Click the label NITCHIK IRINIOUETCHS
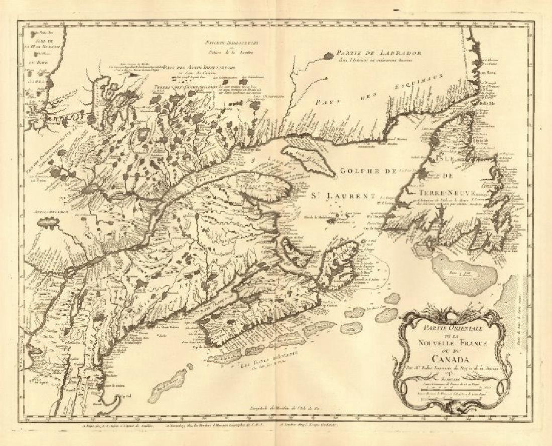pyautogui.click(x=227, y=44)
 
